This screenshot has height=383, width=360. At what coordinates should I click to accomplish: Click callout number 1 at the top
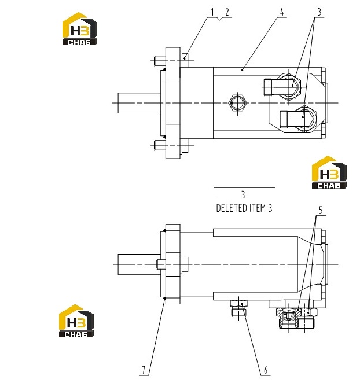[x=212, y=12]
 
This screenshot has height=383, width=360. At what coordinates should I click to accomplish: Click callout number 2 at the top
[x=227, y=12]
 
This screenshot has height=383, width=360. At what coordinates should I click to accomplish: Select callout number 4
[x=282, y=12]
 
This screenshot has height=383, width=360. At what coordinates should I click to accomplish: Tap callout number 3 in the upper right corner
[x=319, y=12]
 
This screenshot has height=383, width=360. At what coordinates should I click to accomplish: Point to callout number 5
[x=321, y=210]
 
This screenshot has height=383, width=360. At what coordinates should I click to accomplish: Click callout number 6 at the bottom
[x=266, y=370]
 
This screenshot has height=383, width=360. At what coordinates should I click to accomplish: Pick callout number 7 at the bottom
[x=144, y=370]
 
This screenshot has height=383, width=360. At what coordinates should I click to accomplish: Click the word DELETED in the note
[x=232, y=208]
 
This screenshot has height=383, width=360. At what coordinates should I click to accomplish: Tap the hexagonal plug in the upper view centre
[x=237, y=103]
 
